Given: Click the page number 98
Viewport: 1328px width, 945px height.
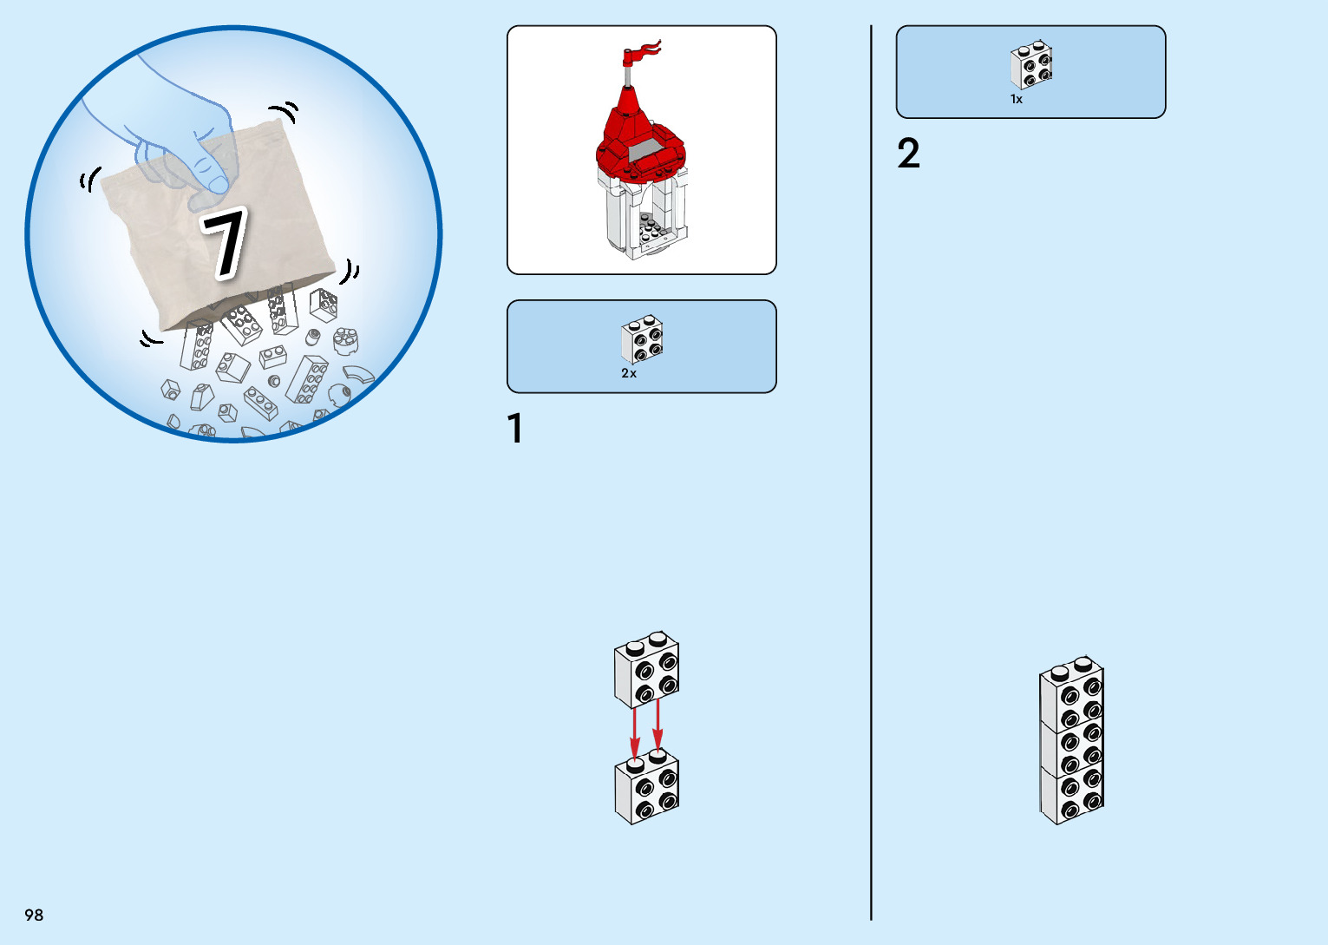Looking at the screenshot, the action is pos(34,915).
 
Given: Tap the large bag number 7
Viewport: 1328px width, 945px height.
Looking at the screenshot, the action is pos(225,243).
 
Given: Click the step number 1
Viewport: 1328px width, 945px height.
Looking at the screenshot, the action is pos(515,428).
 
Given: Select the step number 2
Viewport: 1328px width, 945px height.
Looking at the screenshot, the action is pos(909,153).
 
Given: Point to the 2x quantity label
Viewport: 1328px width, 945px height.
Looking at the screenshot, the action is pos(629,373).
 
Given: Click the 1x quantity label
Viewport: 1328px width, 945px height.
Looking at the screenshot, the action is pos(1017,99).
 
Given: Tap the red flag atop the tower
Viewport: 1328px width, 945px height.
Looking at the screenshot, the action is pos(643,53).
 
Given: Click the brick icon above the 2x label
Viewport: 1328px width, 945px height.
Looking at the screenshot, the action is pos(642,338).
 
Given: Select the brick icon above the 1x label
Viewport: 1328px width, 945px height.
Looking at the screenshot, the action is pos(1031,65).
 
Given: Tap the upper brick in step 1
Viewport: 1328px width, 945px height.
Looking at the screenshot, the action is pos(647,670).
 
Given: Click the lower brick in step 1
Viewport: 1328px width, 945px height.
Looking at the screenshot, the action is pos(647,786).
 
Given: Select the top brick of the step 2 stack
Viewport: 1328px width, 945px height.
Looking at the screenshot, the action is pos(1072,692).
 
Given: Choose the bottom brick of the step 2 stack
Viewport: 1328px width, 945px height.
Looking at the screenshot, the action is pos(1072,792).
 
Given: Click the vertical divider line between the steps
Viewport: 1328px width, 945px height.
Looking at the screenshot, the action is pos(871,473).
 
